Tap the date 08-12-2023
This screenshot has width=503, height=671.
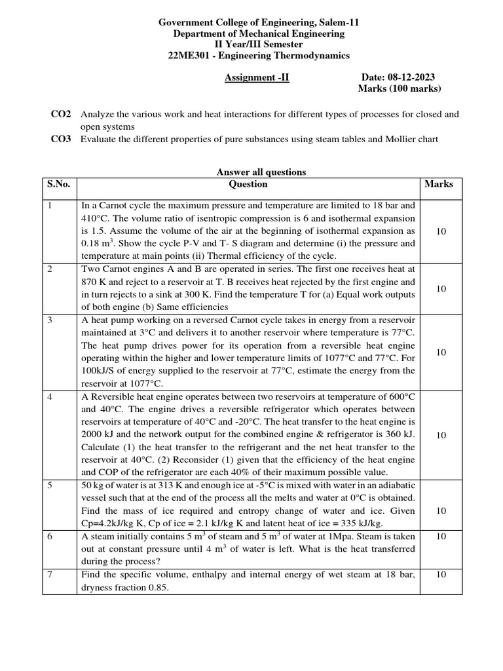pos(412,77)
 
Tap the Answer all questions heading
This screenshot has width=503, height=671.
pos(261,172)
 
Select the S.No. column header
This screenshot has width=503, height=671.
pos(58,184)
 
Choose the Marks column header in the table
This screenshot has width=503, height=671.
pos(438,184)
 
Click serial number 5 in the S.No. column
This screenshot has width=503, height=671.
pos(49,486)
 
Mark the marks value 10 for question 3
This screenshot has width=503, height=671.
pos(441,353)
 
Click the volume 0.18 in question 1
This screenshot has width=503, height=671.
pos(93,244)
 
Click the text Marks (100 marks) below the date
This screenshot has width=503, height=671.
pos(400,89)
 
